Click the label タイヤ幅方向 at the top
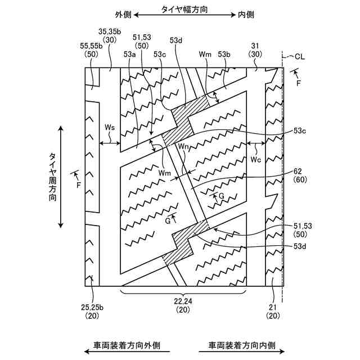(184, 10)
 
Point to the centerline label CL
(301, 56)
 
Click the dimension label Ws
(110, 128)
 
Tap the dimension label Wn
(183, 147)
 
